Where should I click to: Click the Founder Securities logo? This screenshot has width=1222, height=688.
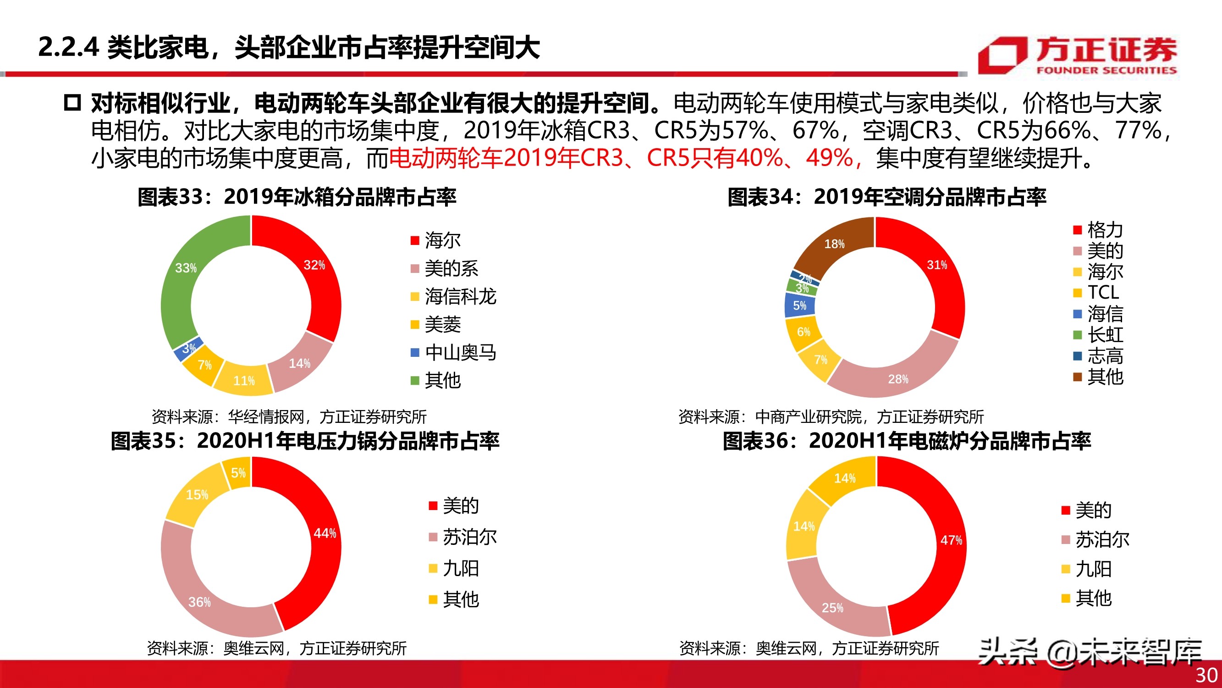point(1077,56)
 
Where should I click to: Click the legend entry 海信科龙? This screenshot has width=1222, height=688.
point(459,297)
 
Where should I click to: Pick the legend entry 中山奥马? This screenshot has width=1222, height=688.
point(459,352)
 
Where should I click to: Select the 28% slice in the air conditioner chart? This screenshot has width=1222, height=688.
point(897,375)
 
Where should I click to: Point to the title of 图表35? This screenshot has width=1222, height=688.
point(304,441)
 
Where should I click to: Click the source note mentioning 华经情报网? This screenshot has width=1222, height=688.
point(289,416)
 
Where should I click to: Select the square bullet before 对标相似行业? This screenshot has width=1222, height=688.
point(72,103)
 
